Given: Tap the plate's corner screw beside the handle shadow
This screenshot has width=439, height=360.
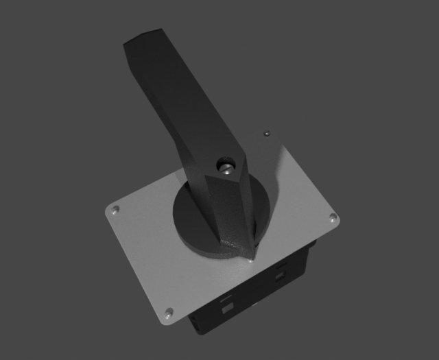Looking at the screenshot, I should point(267,132).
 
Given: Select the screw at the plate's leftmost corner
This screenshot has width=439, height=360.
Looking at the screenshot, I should point(115,209).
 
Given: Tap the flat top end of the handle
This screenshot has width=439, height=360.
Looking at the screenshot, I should point(143,39).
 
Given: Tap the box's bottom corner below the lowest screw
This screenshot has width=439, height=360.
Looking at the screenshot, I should point(195,331).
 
